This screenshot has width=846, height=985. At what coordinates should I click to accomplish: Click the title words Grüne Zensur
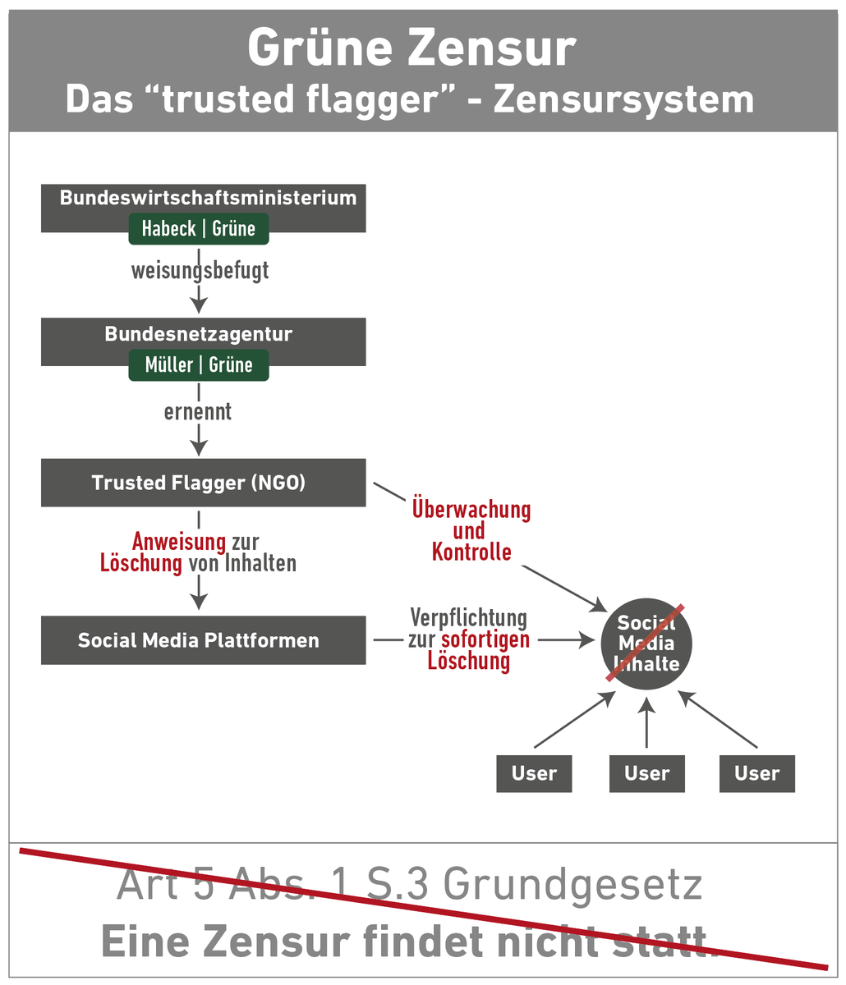click(x=411, y=48)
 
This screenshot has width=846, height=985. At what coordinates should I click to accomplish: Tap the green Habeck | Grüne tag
click(x=198, y=229)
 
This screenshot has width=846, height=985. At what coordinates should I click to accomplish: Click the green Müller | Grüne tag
click(x=198, y=365)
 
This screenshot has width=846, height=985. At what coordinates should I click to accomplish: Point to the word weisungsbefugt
click(x=200, y=270)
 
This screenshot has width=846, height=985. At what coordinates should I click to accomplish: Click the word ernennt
click(x=198, y=410)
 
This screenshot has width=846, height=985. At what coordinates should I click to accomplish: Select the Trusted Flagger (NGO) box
click(x=199, y=483)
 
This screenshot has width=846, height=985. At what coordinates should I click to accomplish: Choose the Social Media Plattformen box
click(x=199, y=640)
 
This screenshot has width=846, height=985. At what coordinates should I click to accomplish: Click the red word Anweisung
click(x=178, y=542)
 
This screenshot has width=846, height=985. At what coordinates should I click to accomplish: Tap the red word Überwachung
click(x=471, y=510)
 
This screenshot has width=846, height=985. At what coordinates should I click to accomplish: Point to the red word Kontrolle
click(x=471, y=552)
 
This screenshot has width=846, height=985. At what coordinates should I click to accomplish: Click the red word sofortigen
click(x=485, y=639)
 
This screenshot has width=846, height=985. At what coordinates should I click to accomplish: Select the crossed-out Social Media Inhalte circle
click(x=647, y=643)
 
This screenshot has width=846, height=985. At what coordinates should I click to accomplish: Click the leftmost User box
click(x=534, y=773)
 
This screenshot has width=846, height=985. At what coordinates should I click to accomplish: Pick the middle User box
click(x=646, y=773)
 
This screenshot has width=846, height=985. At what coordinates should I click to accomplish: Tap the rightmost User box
click(x=756, y=773)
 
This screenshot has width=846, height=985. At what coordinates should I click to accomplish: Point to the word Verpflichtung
click(x=468, y=617)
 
